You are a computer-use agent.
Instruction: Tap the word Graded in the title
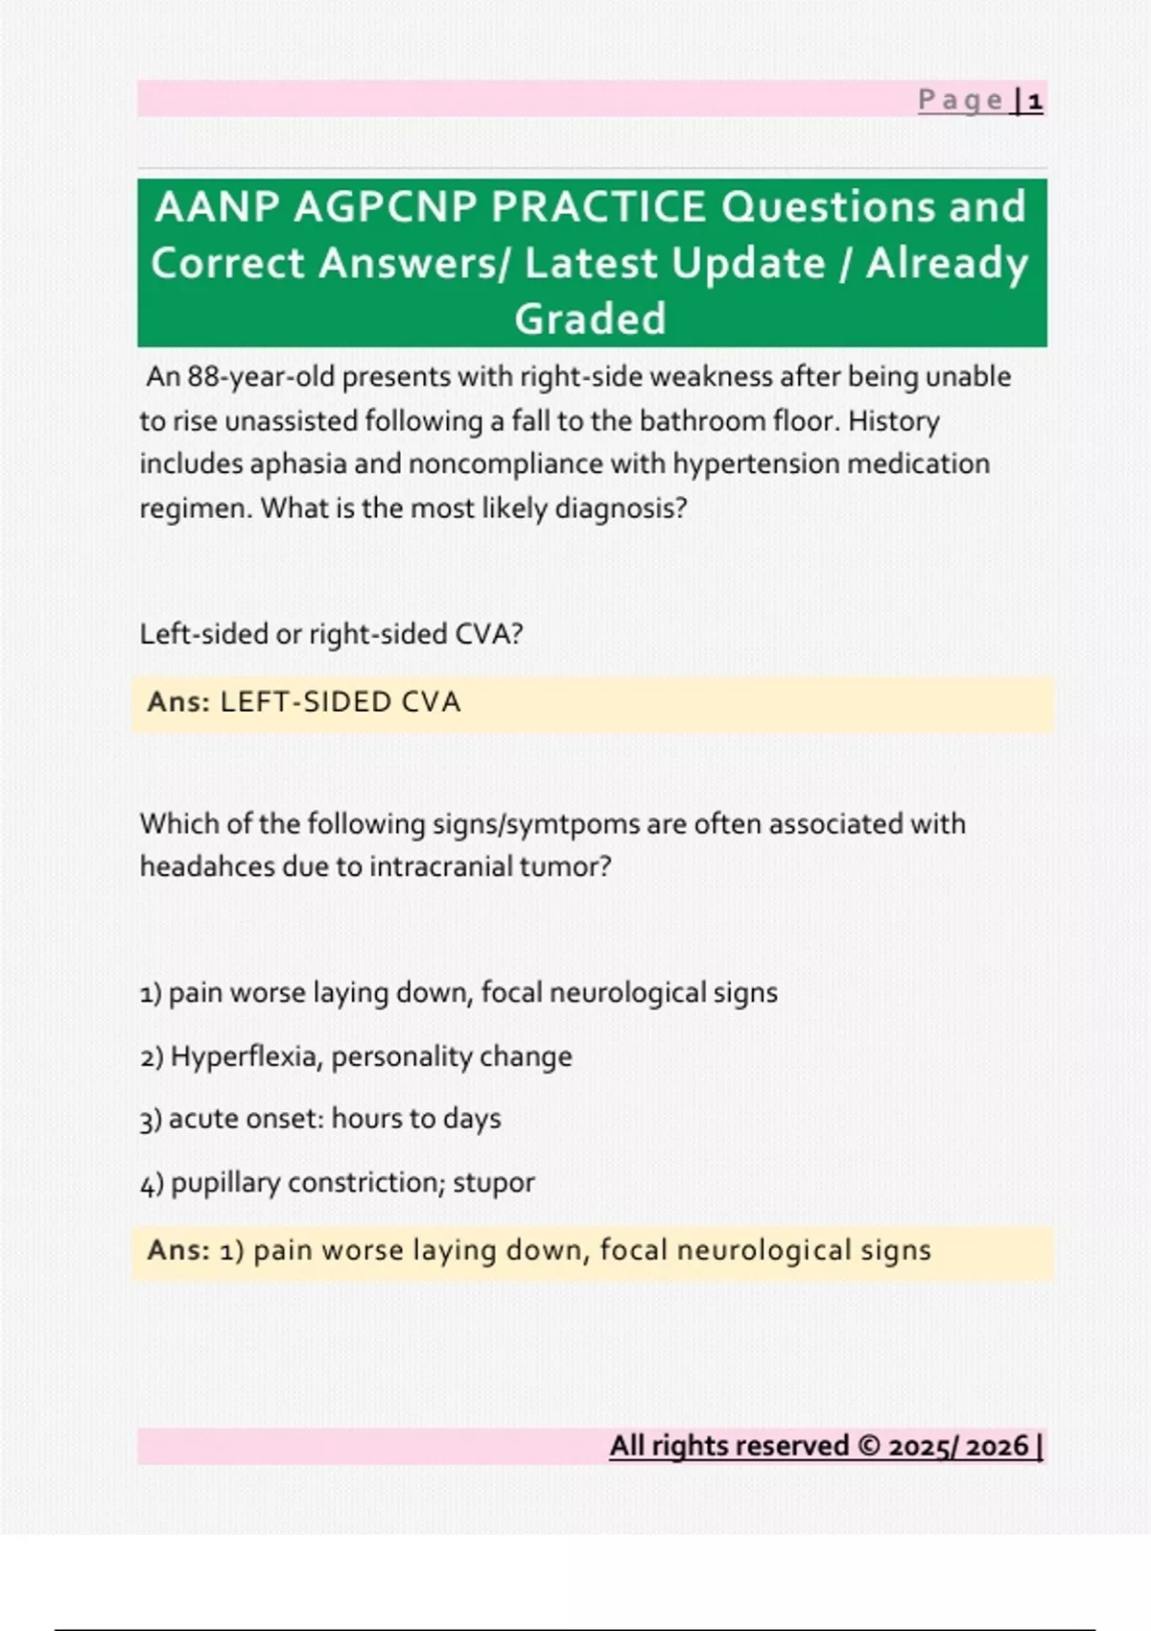(x=591, y=319)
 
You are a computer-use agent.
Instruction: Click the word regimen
(x=196, y=508)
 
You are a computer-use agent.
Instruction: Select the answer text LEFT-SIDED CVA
(x=340, y=702)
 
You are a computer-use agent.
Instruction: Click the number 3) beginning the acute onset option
(x=151, y=1119)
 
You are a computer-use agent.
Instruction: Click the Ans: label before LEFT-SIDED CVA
(x=178, y=702)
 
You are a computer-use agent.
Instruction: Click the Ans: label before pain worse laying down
(x=178, y=1250)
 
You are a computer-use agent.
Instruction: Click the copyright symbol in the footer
(x=869, y=1446)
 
